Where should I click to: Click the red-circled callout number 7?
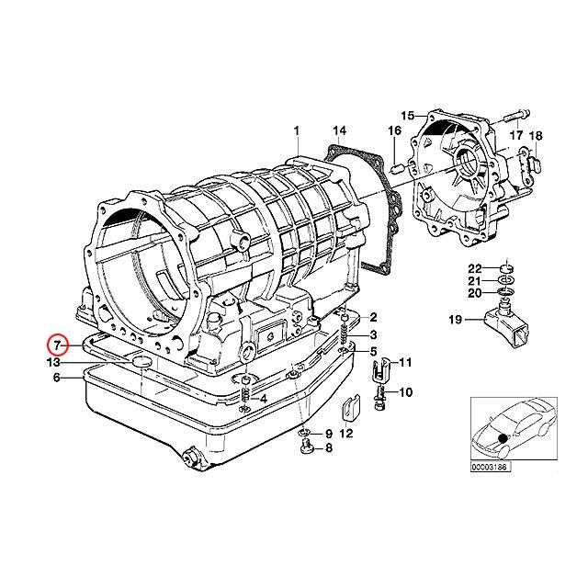(57, 345)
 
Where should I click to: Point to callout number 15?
(407, 116)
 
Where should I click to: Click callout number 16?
(395, 132)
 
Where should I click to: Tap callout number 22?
(487, 267)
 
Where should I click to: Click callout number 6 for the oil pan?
(57, 377)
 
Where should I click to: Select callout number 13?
(56, 361)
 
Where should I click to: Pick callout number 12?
(345, 433)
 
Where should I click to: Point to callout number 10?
(405, 392)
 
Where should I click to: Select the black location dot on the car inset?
(503, 435)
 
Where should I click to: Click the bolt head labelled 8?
(306, 448)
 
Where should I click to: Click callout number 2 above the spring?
(374, 316)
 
